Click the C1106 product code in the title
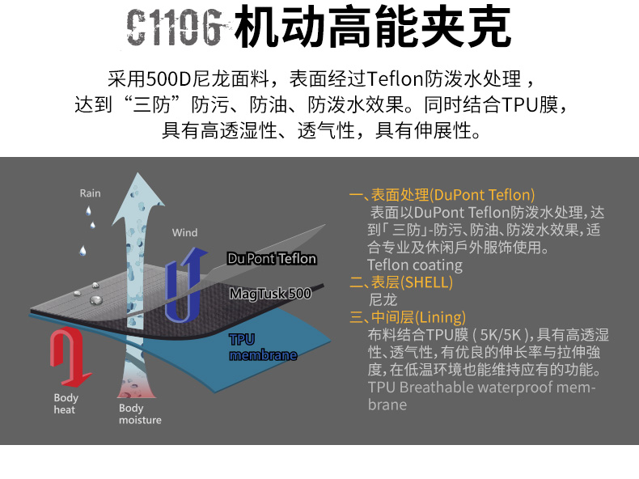[174, 30]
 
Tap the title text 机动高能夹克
[371, 30]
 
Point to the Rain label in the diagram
[90, 193]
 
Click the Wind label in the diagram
[184, 233]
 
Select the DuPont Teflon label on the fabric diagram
[271, 259]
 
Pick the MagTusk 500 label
[269, 294]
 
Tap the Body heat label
[66, 404]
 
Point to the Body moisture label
[140, 414]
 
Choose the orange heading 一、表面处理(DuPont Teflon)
[442, 195]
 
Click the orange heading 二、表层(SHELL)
[400, 282]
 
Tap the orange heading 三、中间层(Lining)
[408, 317]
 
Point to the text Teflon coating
[414, 265]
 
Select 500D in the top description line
[167, 79]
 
